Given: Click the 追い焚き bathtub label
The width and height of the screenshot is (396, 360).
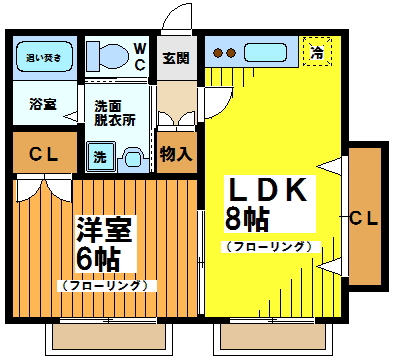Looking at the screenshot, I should [x=44, y=58].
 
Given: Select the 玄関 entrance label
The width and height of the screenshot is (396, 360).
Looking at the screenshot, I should [x=176, y=58].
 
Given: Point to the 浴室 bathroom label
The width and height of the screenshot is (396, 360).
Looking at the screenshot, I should [x=42, y=104].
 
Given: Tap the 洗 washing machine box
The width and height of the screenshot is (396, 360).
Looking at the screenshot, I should [x=100, y=156].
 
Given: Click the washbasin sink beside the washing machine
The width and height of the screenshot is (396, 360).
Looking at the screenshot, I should [x=132, y=157].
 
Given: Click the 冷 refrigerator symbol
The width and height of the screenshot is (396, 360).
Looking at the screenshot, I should [x=316, y=51].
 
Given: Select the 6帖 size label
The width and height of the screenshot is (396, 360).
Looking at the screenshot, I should [x=99, y=258].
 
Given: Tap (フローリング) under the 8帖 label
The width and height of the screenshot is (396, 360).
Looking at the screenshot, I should [x=268, y=245].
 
